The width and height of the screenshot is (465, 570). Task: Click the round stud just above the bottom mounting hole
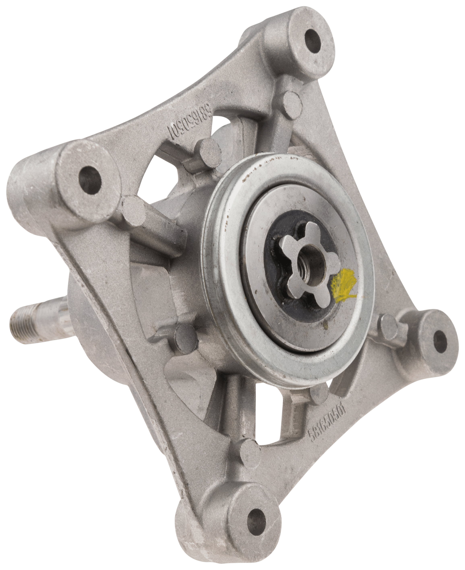[248, 454]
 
